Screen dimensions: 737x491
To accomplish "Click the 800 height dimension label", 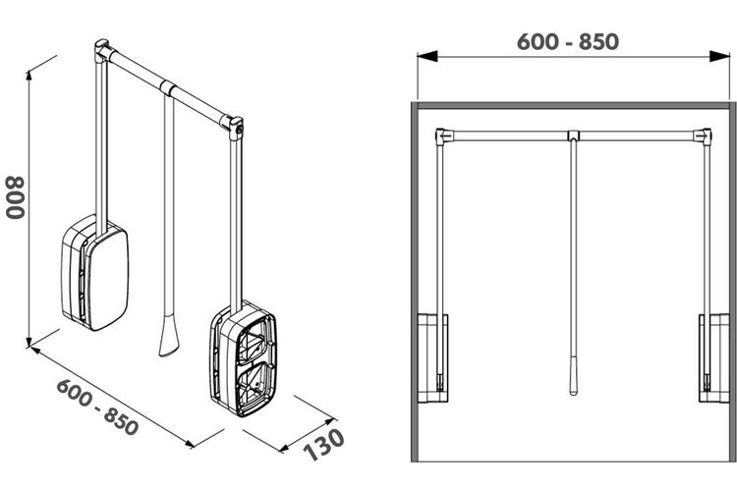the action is pos(15,197).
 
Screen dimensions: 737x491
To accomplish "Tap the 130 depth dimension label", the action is pos(324,445).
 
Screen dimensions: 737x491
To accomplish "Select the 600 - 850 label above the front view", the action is pos(568,42).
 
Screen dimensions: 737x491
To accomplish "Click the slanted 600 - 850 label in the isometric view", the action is pos(97,407).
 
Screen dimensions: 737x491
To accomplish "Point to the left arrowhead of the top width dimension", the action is pos(426,56).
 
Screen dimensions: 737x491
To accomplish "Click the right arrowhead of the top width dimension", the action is pos(719,56).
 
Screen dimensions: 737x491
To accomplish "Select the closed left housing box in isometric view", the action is pos(95,273).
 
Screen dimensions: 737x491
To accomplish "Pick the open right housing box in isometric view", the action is pos(244,358).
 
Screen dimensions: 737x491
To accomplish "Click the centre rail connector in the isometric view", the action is pos(168,88).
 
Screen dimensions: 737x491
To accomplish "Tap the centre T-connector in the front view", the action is pos(574,136).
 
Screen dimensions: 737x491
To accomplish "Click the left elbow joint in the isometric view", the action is pos(102,51).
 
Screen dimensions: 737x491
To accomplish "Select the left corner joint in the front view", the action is pos(443,136).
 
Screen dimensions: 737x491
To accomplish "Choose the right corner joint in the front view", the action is pos(703,136).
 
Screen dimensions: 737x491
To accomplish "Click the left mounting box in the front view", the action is pos(432,358).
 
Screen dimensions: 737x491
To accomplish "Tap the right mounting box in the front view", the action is pos(714,358).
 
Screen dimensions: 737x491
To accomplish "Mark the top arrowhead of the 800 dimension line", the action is pos(29,76).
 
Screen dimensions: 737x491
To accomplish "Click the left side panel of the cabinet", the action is pos(415,282).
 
